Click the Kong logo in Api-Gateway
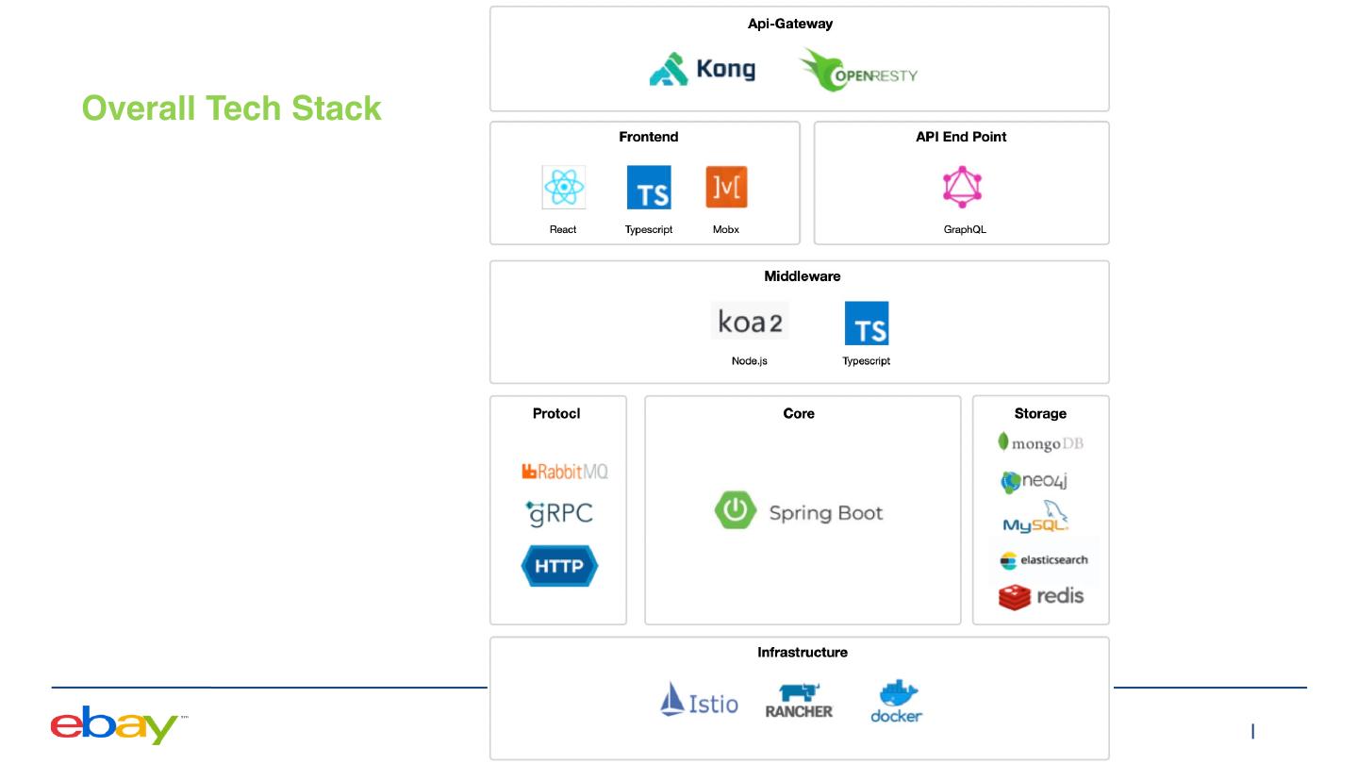702,69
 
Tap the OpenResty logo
857,71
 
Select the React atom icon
563,187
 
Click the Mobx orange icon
726,187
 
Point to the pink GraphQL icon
962,187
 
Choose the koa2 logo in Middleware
750,322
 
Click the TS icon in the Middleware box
866,324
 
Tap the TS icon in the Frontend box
649,187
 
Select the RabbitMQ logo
564,471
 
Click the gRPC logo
559,513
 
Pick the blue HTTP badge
559,566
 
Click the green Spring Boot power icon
735,511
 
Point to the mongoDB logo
1040,442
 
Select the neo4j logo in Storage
1034,481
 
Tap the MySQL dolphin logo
1035,519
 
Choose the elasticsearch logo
1043,560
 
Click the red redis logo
1040,596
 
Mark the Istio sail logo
699,700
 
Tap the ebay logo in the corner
114,724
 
